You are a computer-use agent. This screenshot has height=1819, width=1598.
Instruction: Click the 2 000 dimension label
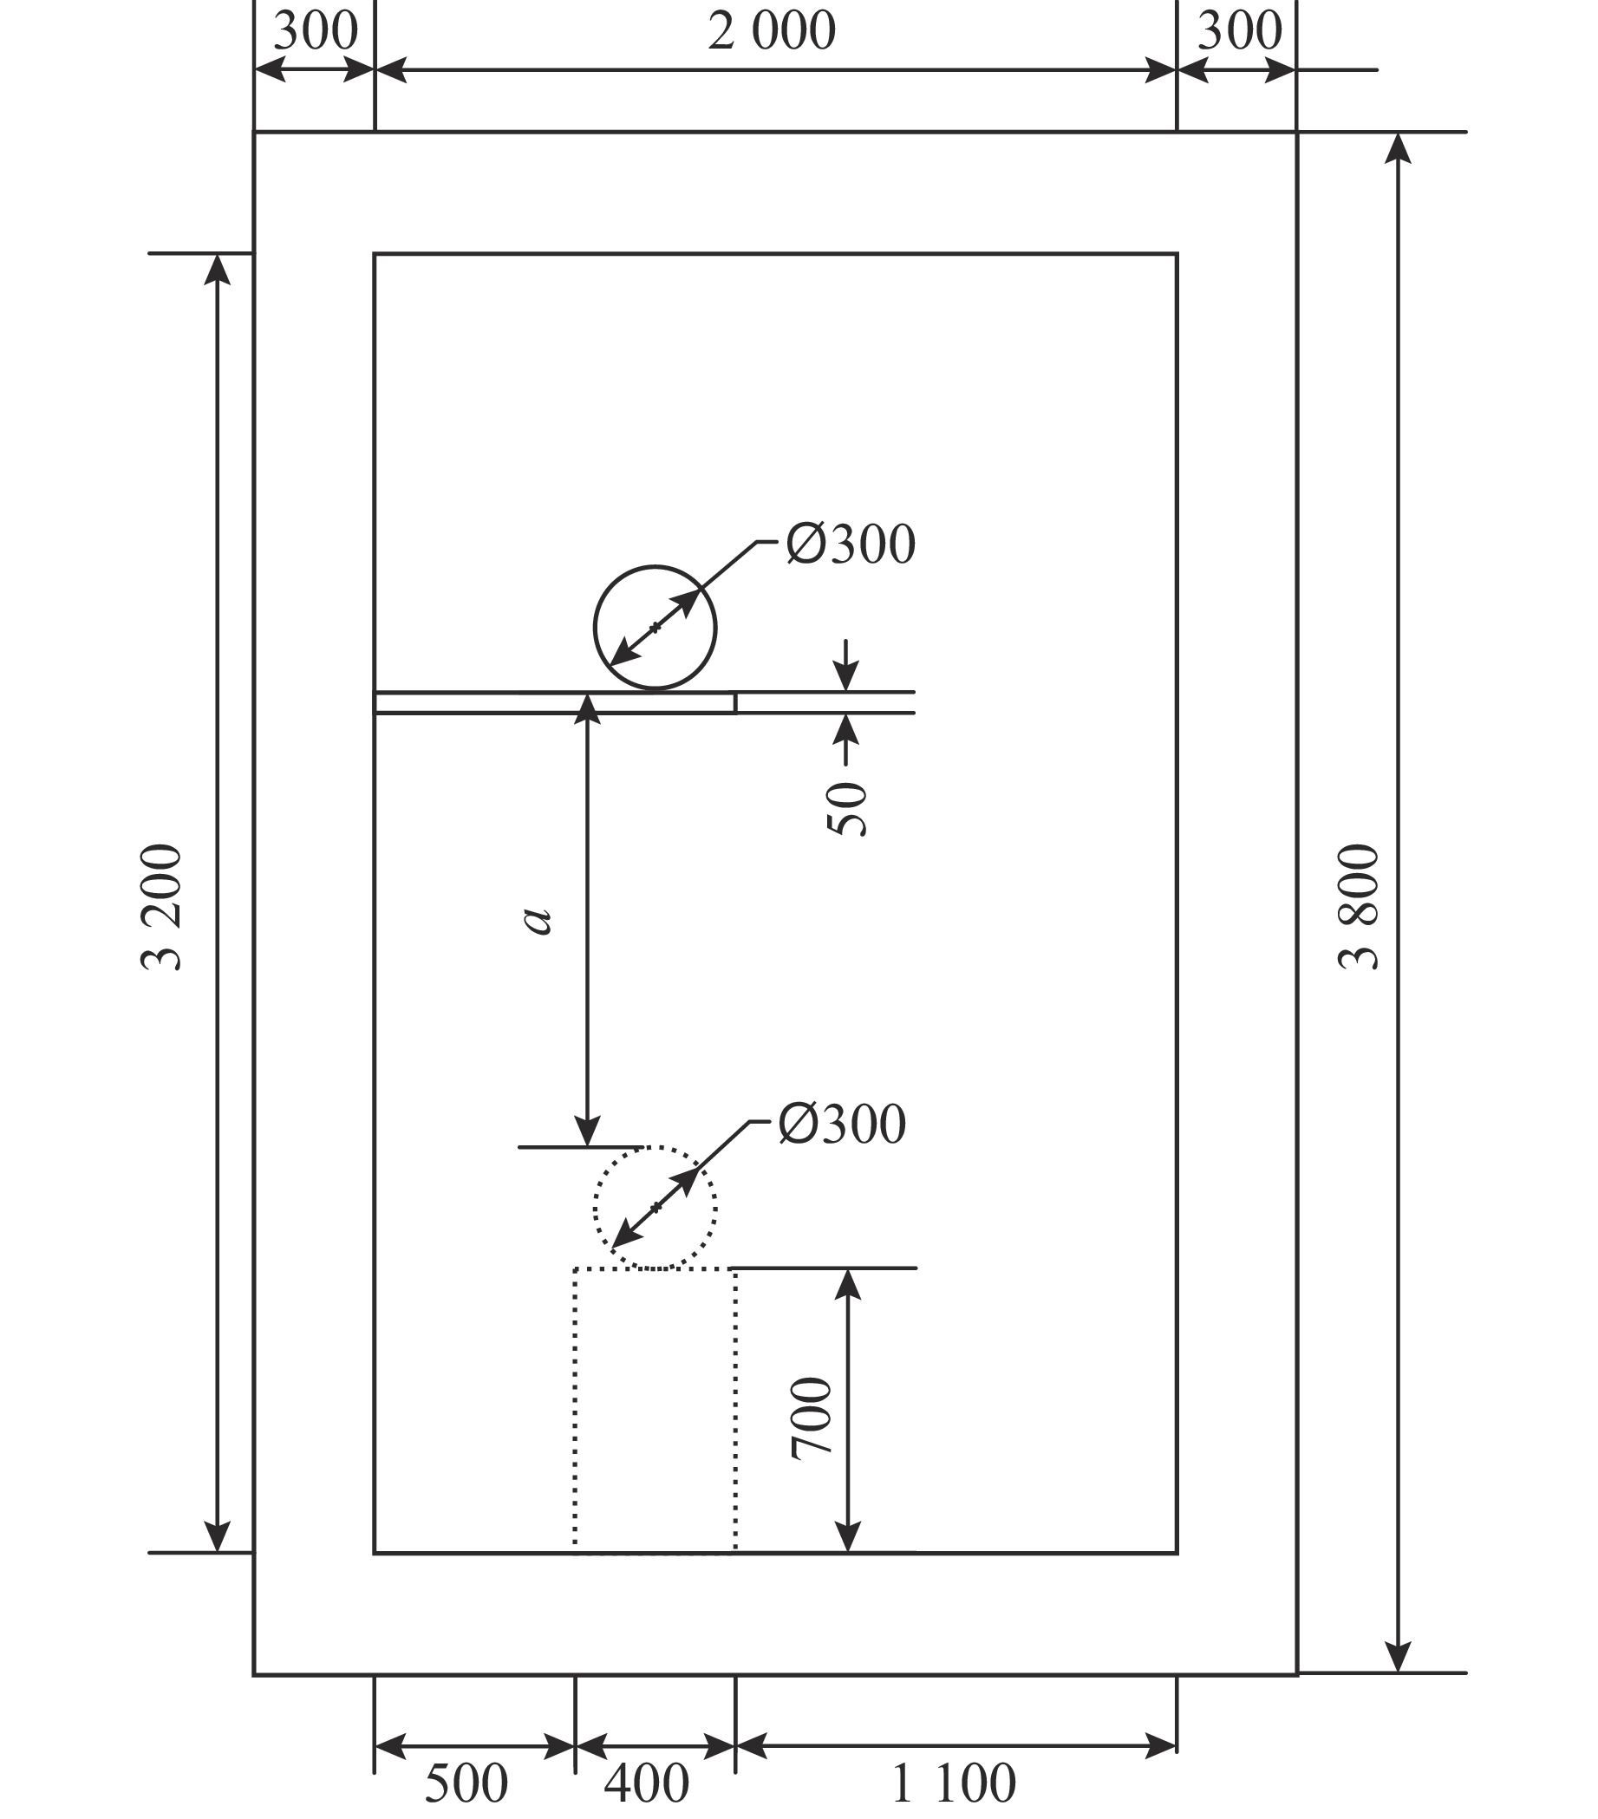[x=772, y=31]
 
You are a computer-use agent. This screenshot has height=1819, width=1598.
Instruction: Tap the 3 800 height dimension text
[x=1359, y=906]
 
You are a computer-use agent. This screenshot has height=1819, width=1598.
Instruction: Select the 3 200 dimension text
[x=162, y=906]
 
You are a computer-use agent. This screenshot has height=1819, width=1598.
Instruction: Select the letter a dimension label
[x=538, y=920]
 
